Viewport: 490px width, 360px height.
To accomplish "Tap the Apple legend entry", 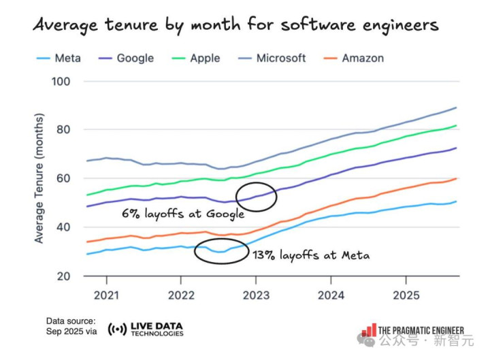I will (198, 58).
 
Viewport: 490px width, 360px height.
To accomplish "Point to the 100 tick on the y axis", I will (63, 82).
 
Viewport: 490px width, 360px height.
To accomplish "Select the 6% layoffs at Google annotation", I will (183, 214).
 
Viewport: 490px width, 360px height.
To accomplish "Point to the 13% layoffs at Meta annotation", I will (310, 256).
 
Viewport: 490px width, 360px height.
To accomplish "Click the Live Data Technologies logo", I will (146, 329).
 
